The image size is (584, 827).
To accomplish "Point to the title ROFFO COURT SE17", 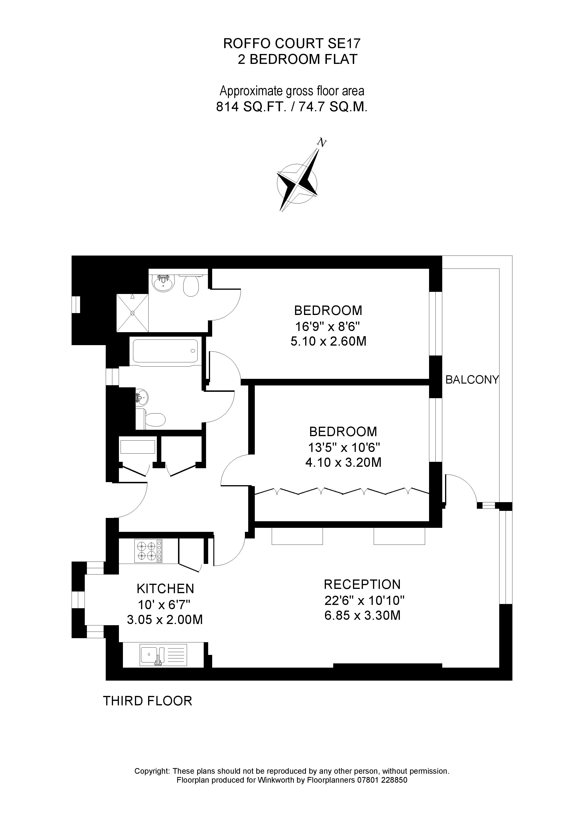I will (x=292, y=44).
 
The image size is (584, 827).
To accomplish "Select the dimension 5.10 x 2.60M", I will (x=328, y=341).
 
